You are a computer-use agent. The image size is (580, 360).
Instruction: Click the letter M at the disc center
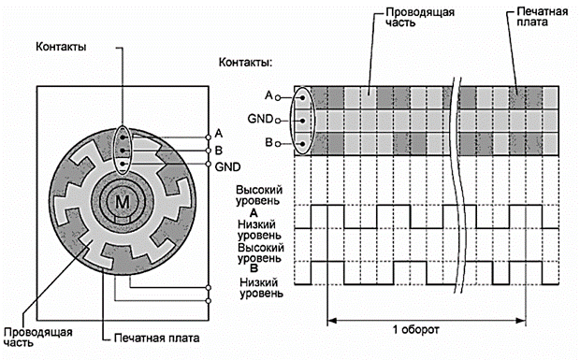[x=123, y=202]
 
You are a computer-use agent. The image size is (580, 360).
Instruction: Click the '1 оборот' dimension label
[x=415, y=330]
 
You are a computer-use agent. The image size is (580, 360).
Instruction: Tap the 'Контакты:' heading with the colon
[x=246, y=62]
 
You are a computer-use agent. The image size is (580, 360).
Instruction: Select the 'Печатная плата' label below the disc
[x=157, y=338]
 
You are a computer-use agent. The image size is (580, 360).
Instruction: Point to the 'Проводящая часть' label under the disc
[x=38, y=337]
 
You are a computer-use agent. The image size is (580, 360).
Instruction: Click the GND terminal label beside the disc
[x=228, y=167]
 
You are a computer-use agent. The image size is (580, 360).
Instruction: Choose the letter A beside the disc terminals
[x=219, y=133]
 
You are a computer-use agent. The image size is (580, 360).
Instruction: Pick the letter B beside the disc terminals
[x=219, y=151]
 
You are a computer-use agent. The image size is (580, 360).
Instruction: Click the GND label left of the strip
[x=260, y=119]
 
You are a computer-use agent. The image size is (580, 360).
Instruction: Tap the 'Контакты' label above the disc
[x=61, y=47]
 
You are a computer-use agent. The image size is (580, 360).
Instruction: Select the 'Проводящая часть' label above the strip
[x=420, y=17]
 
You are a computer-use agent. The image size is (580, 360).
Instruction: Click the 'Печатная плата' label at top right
[x=543, y=17]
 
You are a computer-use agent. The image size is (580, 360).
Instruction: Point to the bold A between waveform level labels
[x=254, y=213]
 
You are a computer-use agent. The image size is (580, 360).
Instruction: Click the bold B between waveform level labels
[x=254, y=268]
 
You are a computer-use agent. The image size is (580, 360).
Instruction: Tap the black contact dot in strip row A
[x=303, y=98]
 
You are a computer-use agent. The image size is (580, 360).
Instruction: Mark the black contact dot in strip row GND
[x=303, y=121]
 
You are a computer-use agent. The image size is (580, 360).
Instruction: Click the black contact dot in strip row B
[x=303, y=144]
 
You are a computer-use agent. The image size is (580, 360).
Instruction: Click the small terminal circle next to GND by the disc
[x=209, y=165]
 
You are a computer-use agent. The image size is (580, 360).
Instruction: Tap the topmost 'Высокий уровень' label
[x=259, y=195]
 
